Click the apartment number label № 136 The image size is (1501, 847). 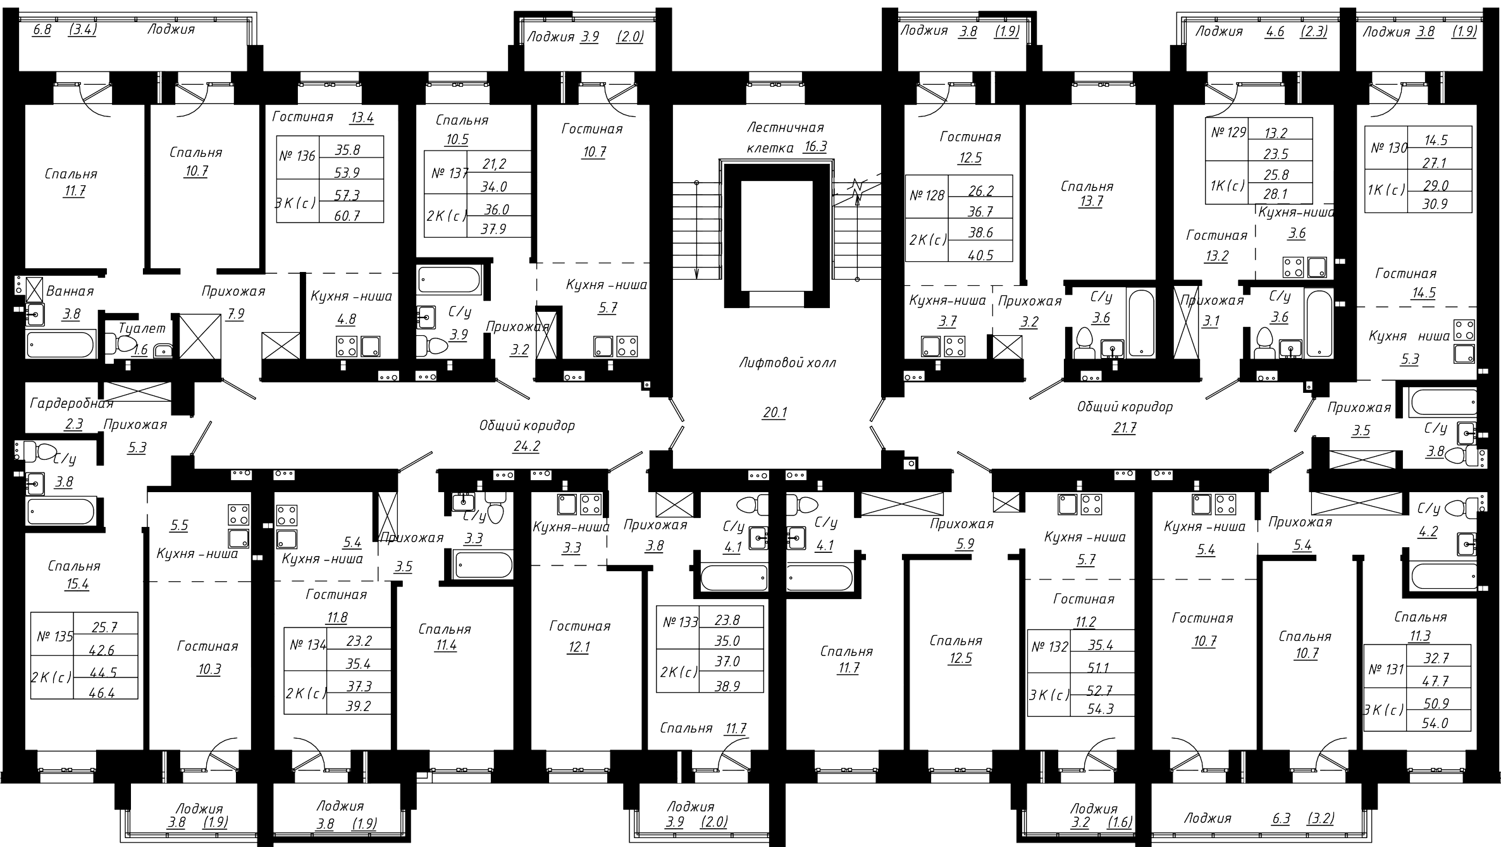click(x=297, y=156)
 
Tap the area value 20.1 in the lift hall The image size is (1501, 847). click(x=775, y=413)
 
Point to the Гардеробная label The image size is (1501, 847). click(x=71, y=403)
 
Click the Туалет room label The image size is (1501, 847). click(x=142, y=328)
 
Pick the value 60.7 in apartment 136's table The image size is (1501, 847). click(x=347, y=216)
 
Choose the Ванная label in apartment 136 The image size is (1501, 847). click(x=70, y=292)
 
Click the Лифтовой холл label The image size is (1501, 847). click(x=788, y=362)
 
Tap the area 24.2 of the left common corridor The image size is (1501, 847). click(x=526, y=447)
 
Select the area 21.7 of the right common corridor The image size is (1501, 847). click(x=1124, y=428)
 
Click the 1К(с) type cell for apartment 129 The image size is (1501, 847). click(x=1227, y=186)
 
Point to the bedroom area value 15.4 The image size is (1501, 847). click(x=77, y=584)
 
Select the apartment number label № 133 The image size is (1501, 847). click(x=680, y=622)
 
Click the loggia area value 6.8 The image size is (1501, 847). click(x=42, y=29)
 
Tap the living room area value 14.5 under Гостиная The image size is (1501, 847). click(x=1405, y=293)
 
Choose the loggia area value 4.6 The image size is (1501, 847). click(x=1275, y=32)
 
